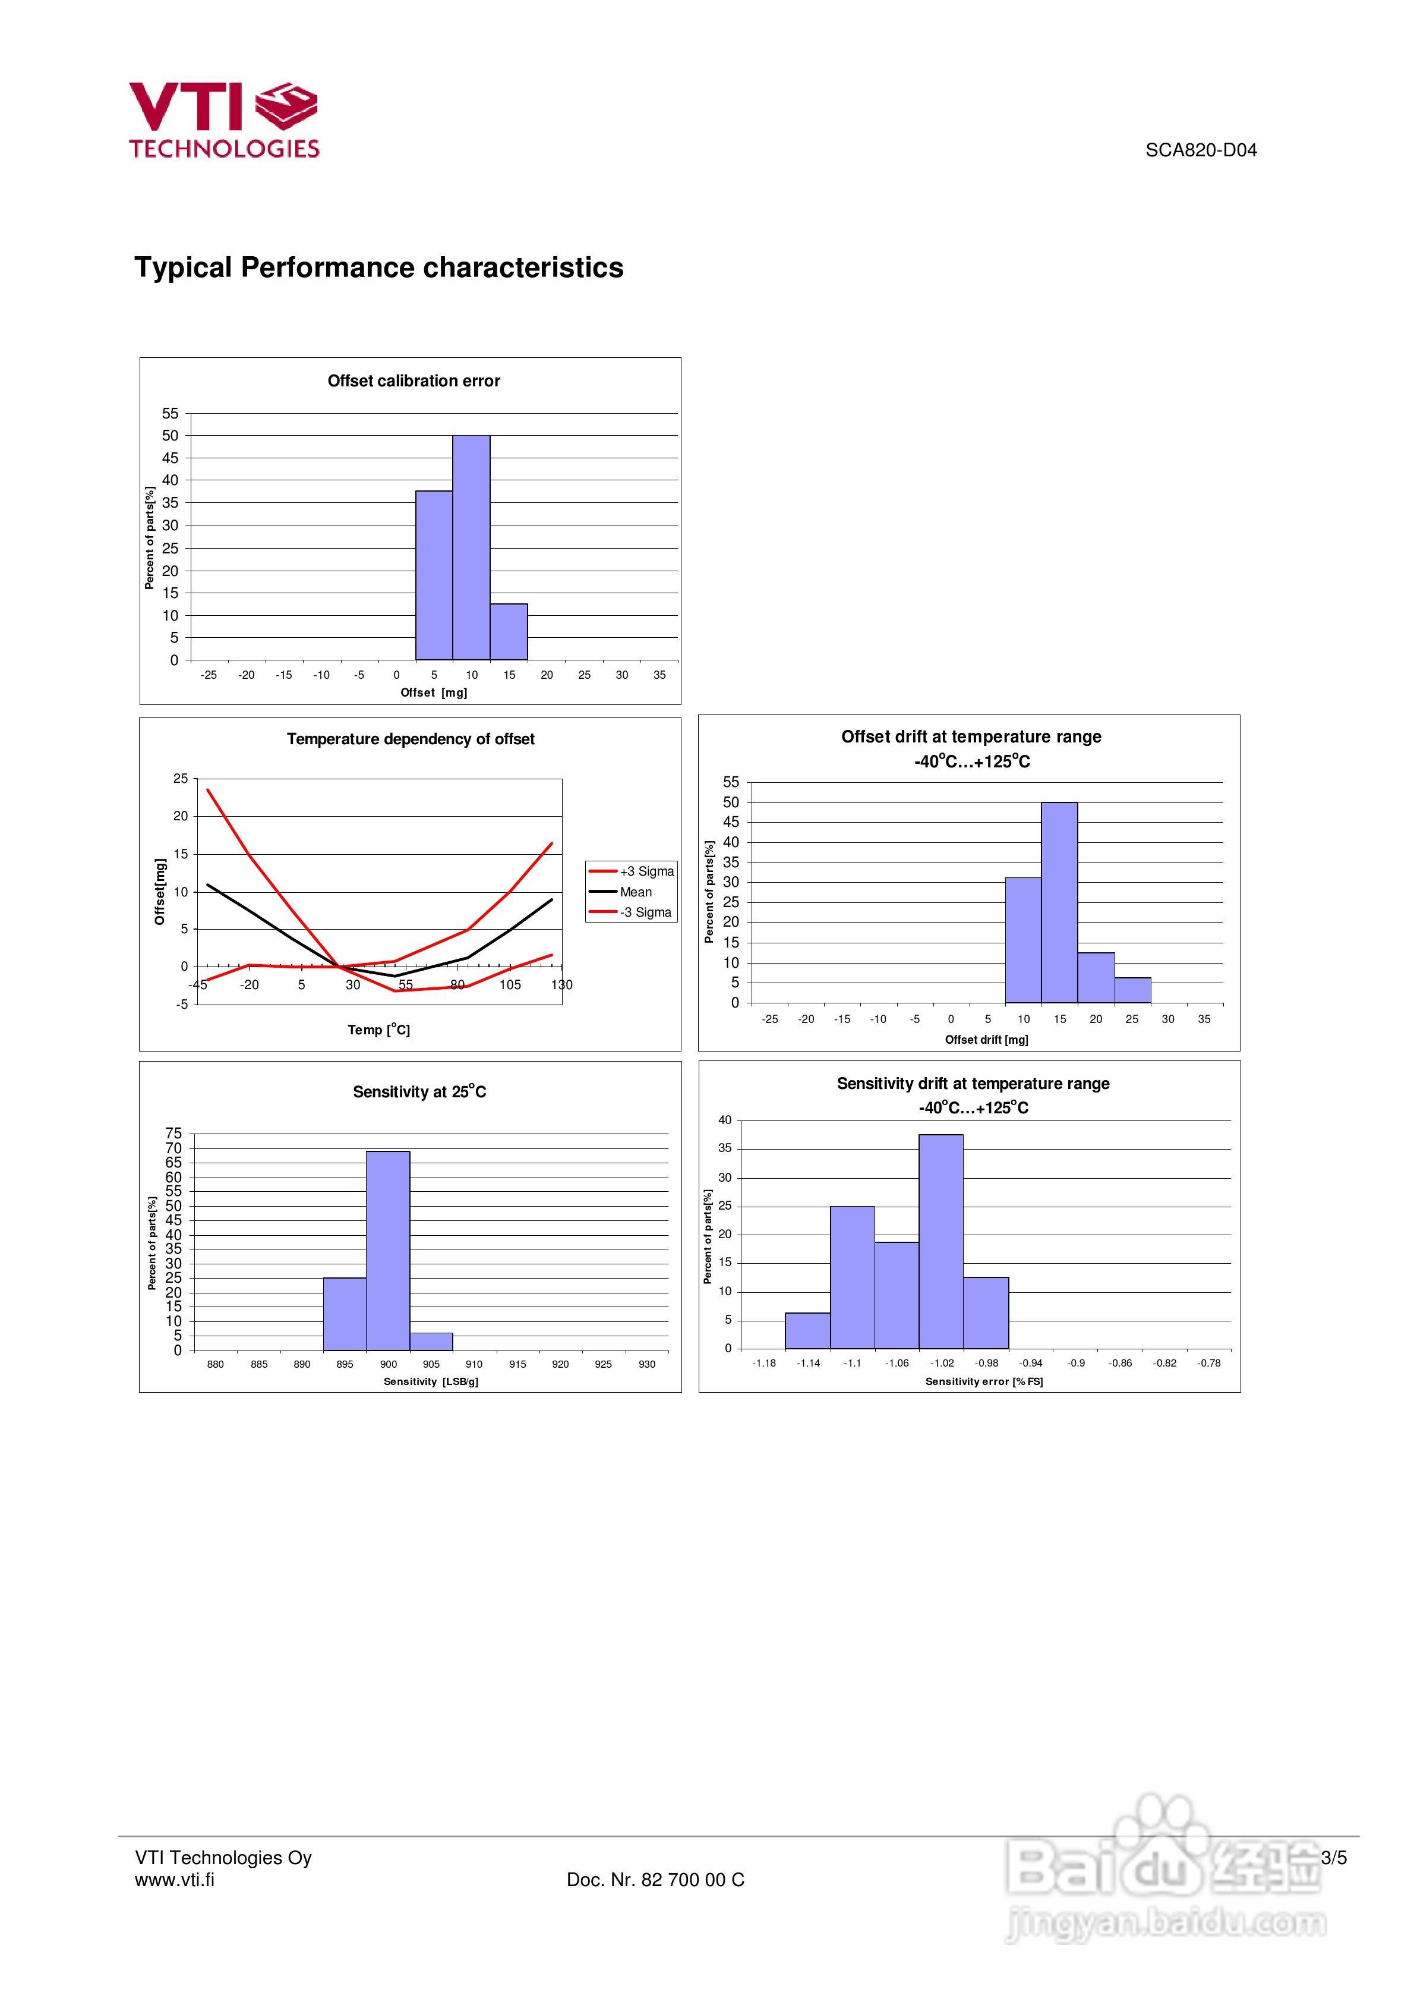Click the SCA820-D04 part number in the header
[1201, 150]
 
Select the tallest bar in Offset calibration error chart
[471, 547]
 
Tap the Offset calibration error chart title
[414, 381]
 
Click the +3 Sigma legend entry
[632, 871]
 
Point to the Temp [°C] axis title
[378, 1030]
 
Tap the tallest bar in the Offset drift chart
[1059, 902]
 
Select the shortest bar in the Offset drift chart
[1132, 990]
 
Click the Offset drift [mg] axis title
[986, 1040]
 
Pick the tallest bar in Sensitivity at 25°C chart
[388, 1251]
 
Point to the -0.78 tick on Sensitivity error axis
[1208, 1363]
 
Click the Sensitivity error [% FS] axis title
[983, 1381]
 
